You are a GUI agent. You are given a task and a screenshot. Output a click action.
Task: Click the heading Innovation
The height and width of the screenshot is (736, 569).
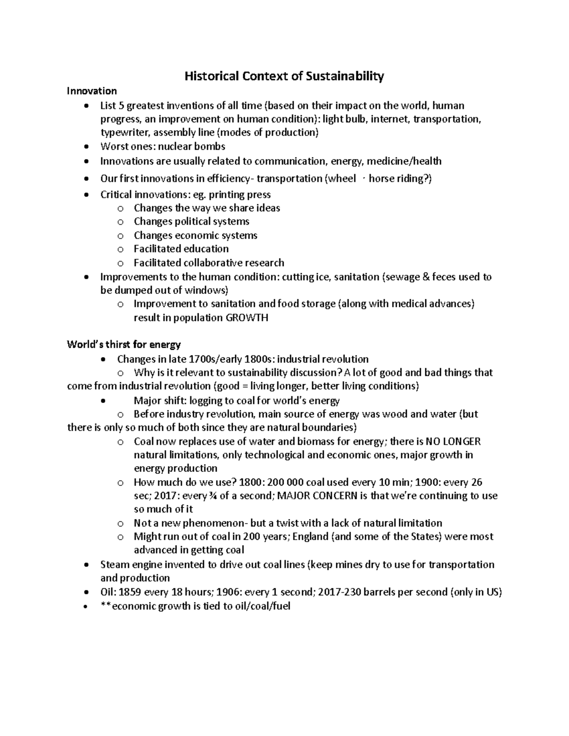coord(92,91)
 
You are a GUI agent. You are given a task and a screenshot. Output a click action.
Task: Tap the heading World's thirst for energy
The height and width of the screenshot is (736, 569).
coord(124,344)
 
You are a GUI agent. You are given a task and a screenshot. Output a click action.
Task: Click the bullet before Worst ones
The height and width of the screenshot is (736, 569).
coord(85,146)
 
